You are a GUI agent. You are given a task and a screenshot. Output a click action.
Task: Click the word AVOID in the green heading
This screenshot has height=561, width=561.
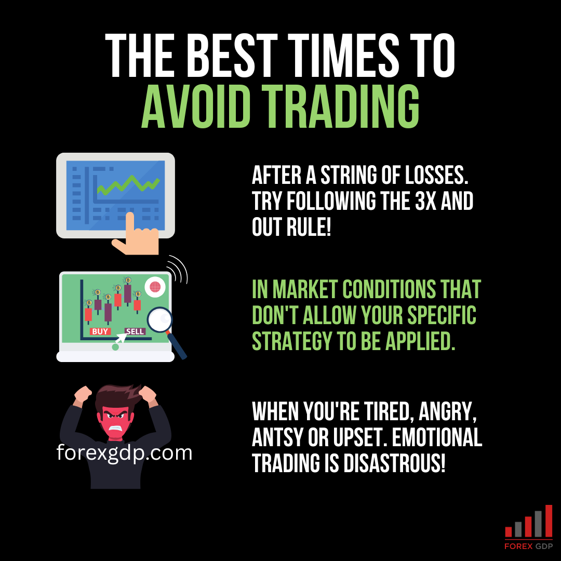pos(196,106)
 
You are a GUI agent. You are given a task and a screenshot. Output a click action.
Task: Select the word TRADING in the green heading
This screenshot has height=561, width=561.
pos(340,106)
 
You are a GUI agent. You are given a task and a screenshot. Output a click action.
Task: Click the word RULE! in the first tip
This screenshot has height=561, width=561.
pos(309,227)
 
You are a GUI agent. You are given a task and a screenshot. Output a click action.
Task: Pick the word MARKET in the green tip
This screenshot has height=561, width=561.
pos(305,289)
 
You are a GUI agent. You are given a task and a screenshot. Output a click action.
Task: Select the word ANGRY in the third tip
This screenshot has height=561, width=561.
pos(447,412)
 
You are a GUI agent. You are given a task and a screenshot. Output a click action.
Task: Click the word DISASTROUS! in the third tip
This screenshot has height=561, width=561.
pos(394,463)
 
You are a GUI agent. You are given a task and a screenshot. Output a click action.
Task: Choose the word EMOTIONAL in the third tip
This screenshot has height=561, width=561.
pos(437,437)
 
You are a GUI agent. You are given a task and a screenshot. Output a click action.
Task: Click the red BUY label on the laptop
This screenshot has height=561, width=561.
pos(100,331)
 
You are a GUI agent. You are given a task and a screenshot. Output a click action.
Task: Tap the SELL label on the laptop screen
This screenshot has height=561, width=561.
pos(135,331)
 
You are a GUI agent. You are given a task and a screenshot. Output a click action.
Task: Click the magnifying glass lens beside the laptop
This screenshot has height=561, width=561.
pos(159,319)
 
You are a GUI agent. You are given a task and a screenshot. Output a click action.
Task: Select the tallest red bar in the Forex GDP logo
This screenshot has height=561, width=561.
pos(549,521)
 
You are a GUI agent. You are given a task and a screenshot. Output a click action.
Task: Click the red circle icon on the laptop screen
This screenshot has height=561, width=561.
pos(155,287)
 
